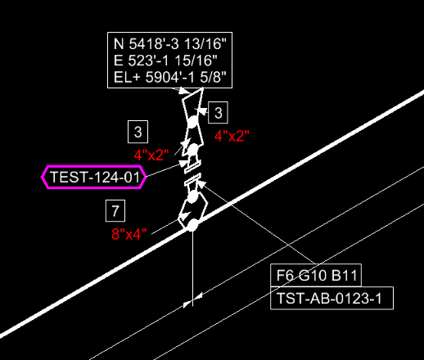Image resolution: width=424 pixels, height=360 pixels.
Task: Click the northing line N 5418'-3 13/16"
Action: click(170, 43)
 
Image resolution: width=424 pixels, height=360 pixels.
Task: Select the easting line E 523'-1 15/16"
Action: click(165, 61)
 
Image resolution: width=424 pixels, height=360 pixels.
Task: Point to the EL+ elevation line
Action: click(170, 77)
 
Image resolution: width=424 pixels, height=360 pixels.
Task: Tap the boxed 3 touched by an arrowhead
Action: click(218, 113)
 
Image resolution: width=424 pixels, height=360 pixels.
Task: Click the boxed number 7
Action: click(115, 210)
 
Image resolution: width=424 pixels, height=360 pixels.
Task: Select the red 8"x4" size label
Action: click(129, 234)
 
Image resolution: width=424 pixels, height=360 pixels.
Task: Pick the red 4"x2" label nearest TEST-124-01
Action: click(151, 155)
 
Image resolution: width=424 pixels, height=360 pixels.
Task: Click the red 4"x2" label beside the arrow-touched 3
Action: click(232, 136)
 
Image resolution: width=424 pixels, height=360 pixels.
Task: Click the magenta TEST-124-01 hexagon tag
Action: click(94, 177)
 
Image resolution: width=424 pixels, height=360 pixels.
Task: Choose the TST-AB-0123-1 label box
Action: click(332, 298)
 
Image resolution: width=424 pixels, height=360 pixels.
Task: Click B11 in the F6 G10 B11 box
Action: click(345, 276)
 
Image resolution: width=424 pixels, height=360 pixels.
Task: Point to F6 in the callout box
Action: click(286, 276)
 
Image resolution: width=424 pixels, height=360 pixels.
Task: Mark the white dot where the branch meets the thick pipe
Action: click(192, 225)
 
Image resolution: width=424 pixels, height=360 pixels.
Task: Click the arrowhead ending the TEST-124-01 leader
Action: click(183, 164)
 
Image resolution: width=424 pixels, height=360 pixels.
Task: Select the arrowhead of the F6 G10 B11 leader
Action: click(201, 184)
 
